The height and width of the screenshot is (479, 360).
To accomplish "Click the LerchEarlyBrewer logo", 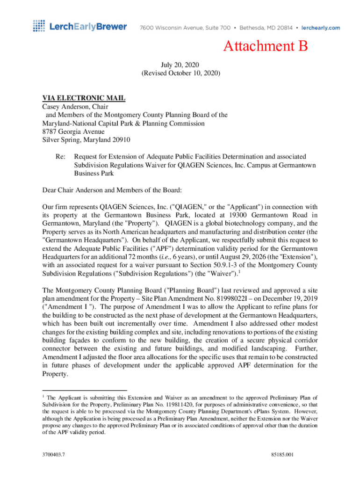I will tap(79, 27).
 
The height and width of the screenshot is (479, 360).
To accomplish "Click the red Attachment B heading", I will tap(266, 46).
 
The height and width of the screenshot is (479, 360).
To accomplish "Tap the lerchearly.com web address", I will tap(321, 28).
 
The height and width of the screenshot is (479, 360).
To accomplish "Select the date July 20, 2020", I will tap(180, 65).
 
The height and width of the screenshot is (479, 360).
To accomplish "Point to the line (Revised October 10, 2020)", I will tap(180, 74).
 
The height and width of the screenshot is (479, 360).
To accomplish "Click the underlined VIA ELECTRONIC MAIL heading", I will tap(84, 98).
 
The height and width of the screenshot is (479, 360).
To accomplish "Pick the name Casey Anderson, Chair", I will tap(75, 107).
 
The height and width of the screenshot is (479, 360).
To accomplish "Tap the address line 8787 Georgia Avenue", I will tap(73, 132).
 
